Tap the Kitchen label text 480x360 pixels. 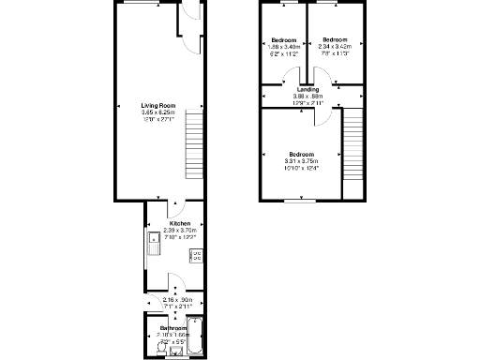[170, 223]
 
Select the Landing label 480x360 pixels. [307, 89]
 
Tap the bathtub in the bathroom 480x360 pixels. [195, 337]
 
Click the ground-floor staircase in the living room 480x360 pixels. [195, 146]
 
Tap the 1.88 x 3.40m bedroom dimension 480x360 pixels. [284, 47]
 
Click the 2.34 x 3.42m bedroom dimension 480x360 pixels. [335, 47]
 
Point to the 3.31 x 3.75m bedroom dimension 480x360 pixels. [302, 160]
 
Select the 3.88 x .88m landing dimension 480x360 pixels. [307, 96]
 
